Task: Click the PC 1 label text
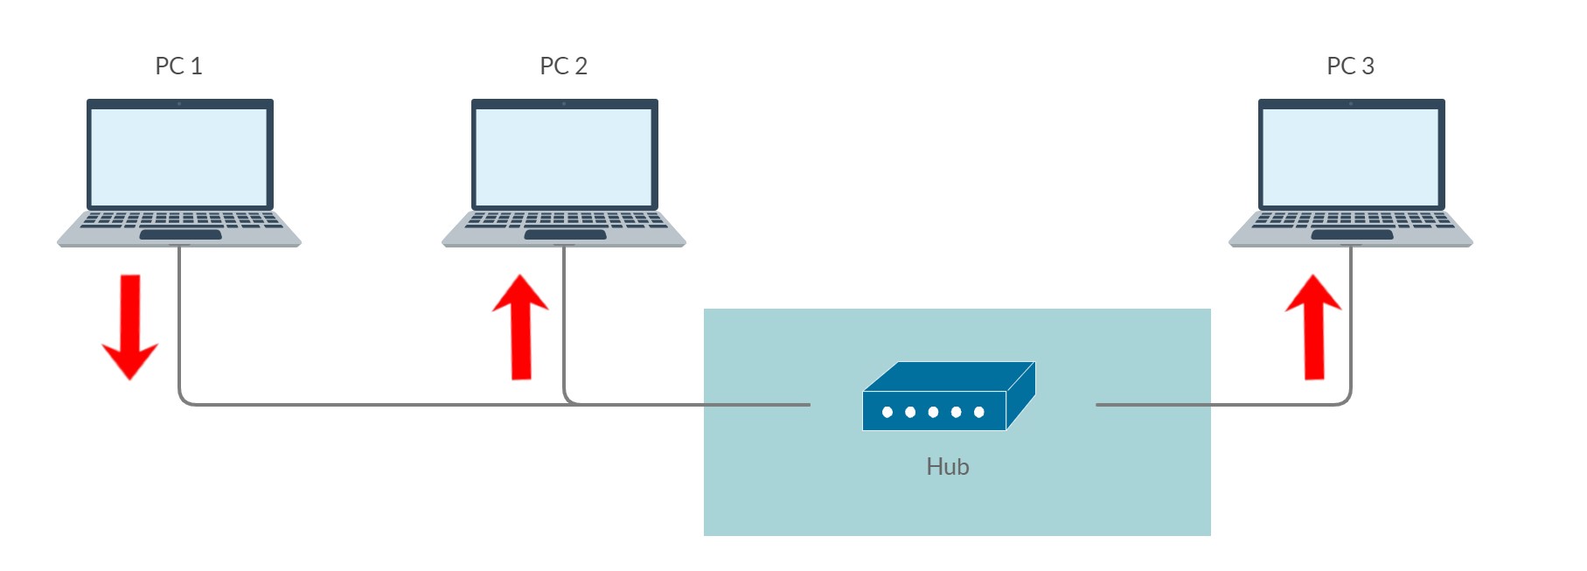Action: (x=178, y=66)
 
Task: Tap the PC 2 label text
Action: (x=563, y=66)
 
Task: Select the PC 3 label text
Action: (x=1350, y=66)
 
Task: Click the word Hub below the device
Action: (x=947, y=467)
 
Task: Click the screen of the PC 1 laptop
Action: (x=179, y=157)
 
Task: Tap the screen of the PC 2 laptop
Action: (x=564, y=157)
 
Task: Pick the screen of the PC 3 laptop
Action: (x=1351, y=157)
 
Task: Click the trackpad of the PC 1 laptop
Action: (x=180, y=234)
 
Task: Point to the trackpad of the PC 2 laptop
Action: (x=565, y=234)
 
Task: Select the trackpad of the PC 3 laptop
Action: (x=1352, y=234)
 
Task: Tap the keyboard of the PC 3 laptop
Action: (x=1351, y=219)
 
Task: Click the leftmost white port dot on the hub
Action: (x=887, y=412)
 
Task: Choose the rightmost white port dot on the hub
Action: (x=979, y=412)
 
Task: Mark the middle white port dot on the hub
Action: (x=933, y=412)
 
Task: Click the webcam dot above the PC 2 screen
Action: (x=564, y=104)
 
